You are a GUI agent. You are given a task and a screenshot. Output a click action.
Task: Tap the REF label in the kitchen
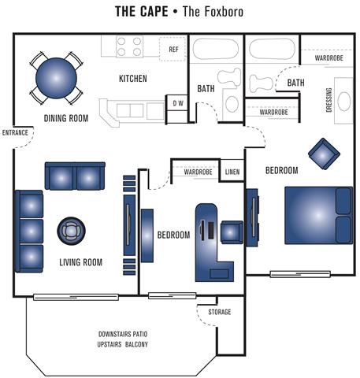point(174,49)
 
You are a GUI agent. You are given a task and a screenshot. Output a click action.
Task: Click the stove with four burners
point(129,47)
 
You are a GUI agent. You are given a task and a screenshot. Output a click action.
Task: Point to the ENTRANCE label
point(15,132)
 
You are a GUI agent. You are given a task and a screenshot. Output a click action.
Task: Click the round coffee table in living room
point(71,231)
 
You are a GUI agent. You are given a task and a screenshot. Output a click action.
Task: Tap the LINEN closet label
point(232,171)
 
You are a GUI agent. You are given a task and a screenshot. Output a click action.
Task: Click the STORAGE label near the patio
point(219,312)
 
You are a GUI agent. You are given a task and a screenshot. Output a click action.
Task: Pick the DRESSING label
point(328,99)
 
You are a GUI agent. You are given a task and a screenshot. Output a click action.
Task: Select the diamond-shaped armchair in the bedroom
point(323,154)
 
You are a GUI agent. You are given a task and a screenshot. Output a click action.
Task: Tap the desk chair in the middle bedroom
point(232,232)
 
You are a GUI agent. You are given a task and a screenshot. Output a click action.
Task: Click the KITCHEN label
point(133,79)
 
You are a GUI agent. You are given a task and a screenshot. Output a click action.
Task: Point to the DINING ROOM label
point(65,118)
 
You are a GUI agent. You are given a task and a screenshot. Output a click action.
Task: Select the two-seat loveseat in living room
point(75,176)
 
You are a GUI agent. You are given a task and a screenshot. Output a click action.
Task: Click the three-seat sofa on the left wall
point(29,230)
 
